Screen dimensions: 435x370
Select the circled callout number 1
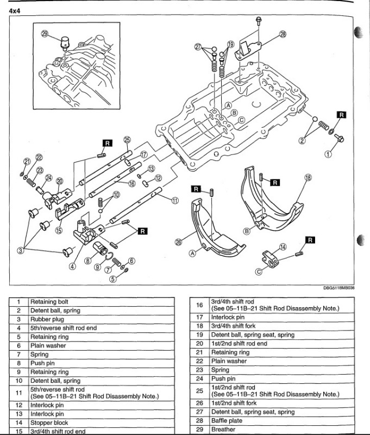coord(328,154)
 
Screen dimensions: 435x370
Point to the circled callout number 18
coord(308,177)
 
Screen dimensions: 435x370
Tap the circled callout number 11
coord(174,200)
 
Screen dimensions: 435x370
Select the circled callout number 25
coord(127,139)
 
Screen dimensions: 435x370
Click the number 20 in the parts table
coord(199,343)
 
